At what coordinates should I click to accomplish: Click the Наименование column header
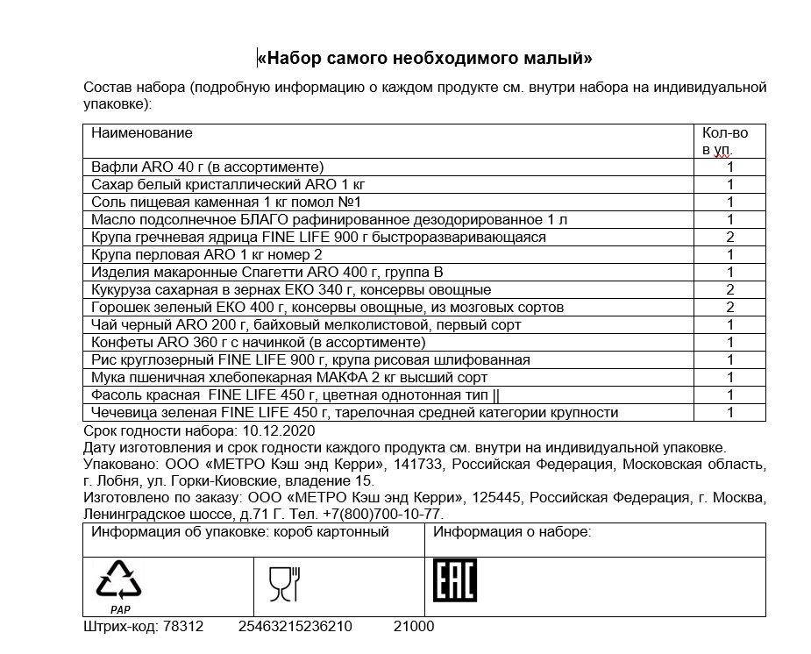pos(142,133)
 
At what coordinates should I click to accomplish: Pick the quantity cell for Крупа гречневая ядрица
pos(729,238)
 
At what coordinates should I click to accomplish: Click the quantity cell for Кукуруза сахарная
pos(729,290)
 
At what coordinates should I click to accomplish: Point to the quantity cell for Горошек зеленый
pos(729,308)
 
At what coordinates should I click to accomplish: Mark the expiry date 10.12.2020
pos(276,431)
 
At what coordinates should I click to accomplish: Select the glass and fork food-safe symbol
pos(283,583)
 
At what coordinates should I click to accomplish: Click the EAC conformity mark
pos(454,580)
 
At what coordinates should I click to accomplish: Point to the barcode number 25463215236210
pos(295,627)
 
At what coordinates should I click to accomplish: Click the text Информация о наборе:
pos(513,532)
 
